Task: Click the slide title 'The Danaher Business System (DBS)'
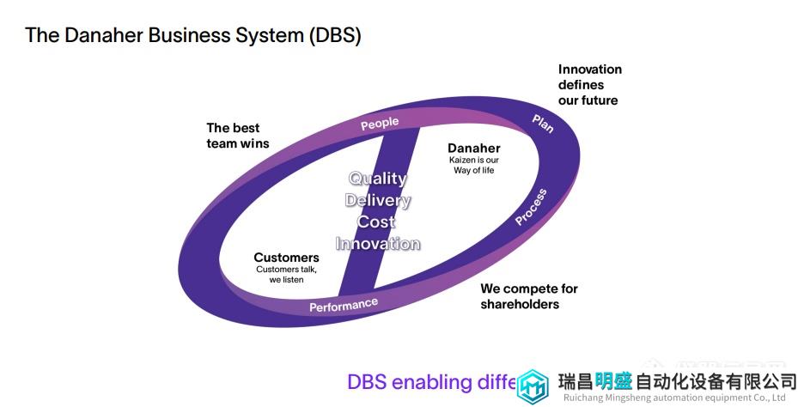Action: (x=192, y=35)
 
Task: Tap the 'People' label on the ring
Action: (x=380, y=124)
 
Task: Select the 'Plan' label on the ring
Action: (x=543, y=123)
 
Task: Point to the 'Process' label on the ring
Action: (x=531, y=207)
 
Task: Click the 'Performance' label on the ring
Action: (x=344, y=305)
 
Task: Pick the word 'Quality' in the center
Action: (x=377, y=179)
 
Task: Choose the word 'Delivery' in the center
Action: (x=378, y=200)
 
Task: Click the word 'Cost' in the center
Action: (x=377, y=222)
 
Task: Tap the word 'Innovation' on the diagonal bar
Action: (x=378, y=243)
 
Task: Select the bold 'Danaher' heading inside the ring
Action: (x=474, y=148)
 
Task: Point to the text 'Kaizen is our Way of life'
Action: (x=474, y=165)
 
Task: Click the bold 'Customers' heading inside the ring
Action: (x=286, y=258)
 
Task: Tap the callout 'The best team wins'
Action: (x=237, y=136)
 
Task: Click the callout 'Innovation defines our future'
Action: (x=589, y=84)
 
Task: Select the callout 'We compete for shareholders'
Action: (x=528, y=296)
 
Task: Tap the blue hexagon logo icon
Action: (x=533, y=386)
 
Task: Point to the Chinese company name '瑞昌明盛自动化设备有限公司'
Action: (x=677, y=381)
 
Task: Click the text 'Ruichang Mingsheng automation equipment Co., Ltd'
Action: (x=674, y=398)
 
